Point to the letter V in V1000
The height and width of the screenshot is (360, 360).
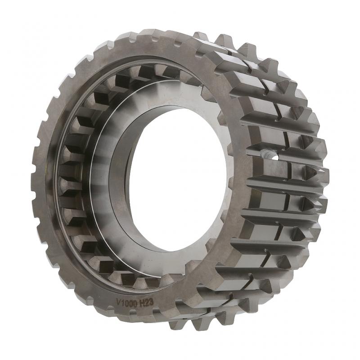tap(118, 301)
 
